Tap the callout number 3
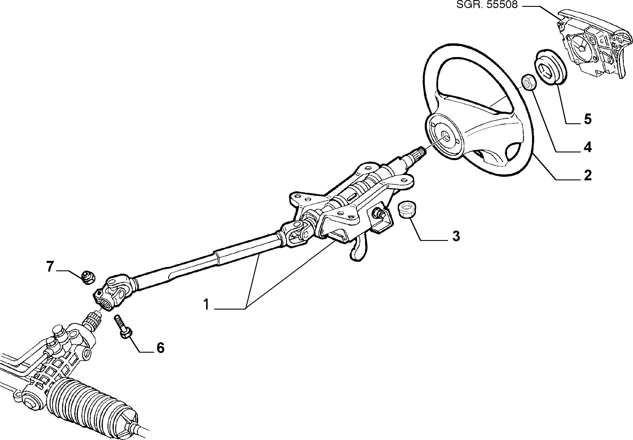coord(456,236)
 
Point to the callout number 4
coord(587,148)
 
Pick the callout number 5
coord(587,119)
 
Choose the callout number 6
coord(160,348)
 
